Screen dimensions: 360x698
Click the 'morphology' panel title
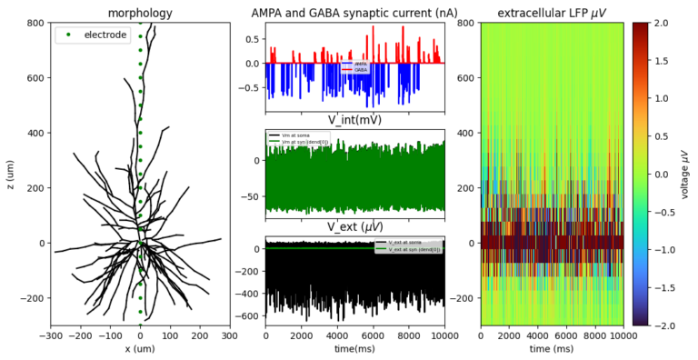tap(140, 13)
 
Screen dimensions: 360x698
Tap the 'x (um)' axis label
tap(140, 350)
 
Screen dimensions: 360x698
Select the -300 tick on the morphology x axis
tap(51, 335)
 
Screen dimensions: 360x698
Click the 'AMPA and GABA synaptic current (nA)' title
tap(354, 13)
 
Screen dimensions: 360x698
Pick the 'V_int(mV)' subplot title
tap(354, 120)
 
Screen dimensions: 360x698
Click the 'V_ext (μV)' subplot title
tap(354, 226)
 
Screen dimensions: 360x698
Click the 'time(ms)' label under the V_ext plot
tap(354, 350)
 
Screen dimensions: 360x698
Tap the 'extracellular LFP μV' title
tap(551, 13)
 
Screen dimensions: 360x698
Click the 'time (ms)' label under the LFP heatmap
tap(551, 350)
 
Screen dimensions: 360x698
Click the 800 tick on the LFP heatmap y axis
tap(468, 22)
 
